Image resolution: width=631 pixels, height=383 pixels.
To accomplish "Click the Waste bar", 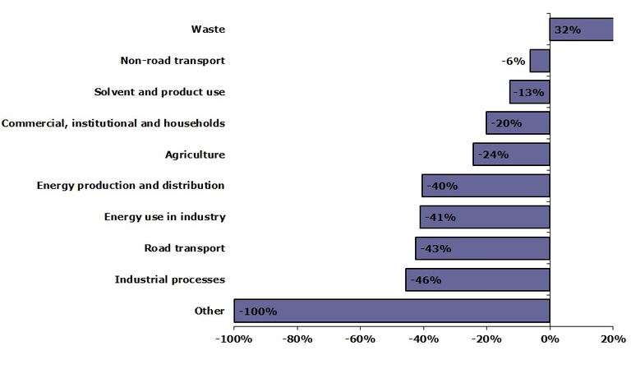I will point(581,30).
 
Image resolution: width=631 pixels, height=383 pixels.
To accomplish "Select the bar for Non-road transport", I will point(540,61).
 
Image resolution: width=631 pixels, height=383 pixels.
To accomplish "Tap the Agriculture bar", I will point(511,155).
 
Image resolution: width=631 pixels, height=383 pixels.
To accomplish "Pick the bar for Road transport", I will point(482,248).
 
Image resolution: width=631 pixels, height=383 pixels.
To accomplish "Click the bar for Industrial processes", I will point(477,279).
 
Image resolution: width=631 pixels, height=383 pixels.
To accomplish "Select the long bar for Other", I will point(392,311).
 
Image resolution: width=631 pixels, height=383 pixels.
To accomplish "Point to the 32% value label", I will point(568,30).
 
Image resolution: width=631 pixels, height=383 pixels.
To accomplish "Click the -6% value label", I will point(514,61).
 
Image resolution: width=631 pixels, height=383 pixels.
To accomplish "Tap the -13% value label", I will point(528,92).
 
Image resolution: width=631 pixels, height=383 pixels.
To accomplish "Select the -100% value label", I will point(258,311).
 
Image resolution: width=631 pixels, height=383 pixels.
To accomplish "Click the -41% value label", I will point(440,218).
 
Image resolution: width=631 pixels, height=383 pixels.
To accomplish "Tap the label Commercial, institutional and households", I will point(113,123).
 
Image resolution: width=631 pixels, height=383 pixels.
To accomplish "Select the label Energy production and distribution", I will point(131,186).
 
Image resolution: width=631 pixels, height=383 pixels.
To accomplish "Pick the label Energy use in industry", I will point(164,217).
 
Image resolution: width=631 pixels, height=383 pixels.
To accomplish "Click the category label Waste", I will point(208,30).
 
